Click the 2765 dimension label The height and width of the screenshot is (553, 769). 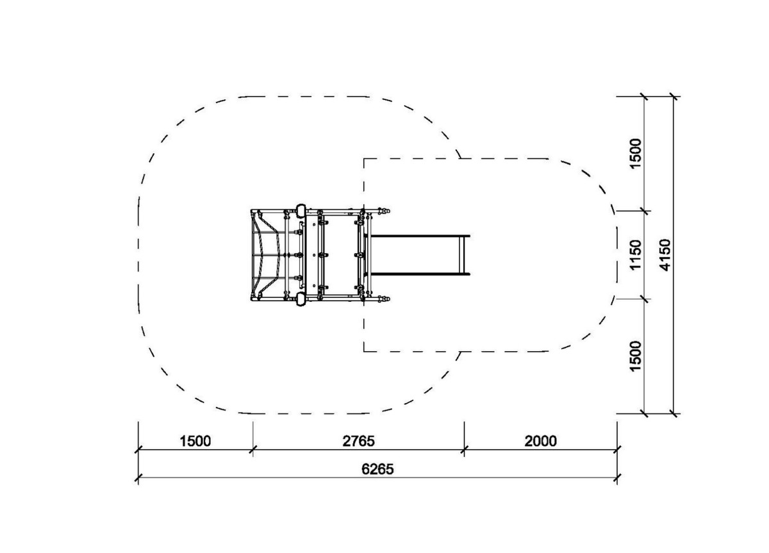(358, 441)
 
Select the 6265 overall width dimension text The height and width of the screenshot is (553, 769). (377, 469)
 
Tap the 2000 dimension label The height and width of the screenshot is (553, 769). (540, 441)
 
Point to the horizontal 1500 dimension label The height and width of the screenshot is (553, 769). (195, 441)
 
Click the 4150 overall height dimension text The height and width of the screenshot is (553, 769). (665, 255)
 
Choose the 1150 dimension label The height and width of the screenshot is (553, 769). (636, 254)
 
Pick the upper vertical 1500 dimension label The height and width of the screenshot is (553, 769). (636, 153)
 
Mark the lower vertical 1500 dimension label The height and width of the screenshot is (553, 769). (636, 356)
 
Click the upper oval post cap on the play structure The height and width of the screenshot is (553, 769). (301, 211)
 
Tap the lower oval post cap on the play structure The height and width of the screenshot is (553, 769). (301, 299)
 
